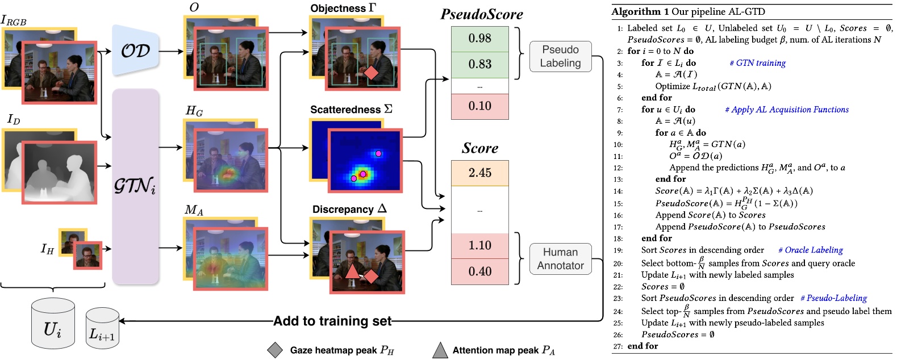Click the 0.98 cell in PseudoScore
[480, 39]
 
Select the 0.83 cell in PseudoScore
[480, 65]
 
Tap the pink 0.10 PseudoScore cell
[480, 106]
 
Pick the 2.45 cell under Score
[480, 173]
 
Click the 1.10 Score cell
[480, 246]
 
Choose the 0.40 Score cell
[480, 272]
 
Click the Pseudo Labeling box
[560, 56]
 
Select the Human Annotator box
[560, 259]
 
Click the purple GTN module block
[135, 186]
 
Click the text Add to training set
[332, 321]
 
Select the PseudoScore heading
[482, 15]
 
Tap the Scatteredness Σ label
[351, 110]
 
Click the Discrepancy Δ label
[349, 210]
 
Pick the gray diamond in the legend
[275, 350]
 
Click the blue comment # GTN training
[758, 63]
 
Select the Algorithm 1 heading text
[688, 11]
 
